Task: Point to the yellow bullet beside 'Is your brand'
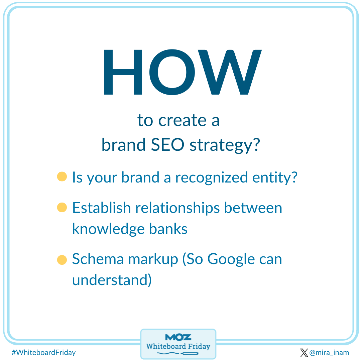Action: [62, 177]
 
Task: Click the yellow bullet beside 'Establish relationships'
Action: [62, 207]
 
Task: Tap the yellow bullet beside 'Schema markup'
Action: [62, 260]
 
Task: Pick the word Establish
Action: [101, 208]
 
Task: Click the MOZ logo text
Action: [178, 337]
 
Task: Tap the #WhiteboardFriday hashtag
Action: [43, 352]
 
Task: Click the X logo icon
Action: [304, 353]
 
